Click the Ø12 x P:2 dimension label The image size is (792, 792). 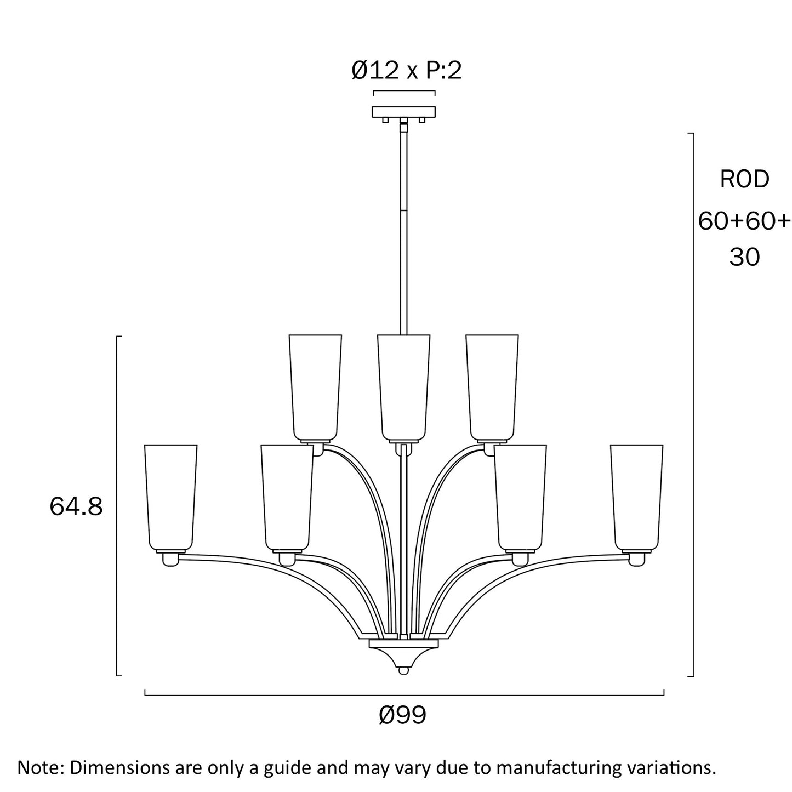coord(406,71)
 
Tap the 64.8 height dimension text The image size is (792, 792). coord(76,506)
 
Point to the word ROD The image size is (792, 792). coord(744,179)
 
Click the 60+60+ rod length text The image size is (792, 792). coord(744,221)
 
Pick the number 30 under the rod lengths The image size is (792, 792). coord(744,257)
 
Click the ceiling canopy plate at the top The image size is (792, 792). coord(403,112)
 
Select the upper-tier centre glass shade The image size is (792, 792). coord(403,388)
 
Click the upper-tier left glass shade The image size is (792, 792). coord(315,388)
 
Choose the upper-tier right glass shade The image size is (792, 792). coord(492,388)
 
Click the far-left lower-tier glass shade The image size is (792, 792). coord(171,498)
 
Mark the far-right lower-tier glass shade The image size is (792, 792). coord(637,498)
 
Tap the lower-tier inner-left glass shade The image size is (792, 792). coord(287,498)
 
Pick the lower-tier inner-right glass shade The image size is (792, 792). coord(520,498)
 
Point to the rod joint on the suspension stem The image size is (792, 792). coord(403,210)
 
